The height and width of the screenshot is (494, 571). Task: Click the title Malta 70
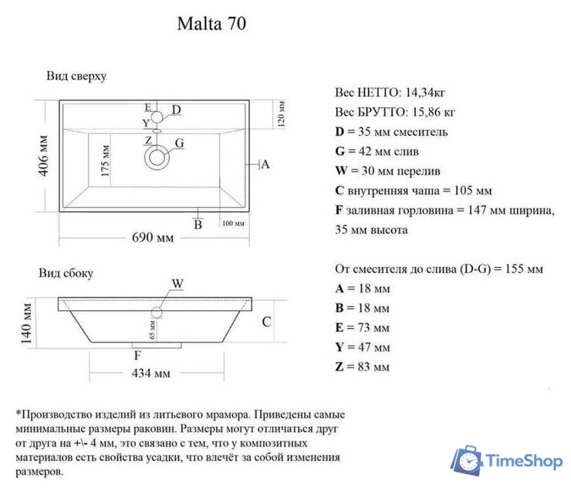(211, 24)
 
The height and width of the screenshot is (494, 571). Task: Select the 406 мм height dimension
(45, 156)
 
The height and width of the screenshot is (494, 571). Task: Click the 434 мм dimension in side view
(151, 374)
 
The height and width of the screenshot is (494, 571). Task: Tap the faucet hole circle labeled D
(157, 117)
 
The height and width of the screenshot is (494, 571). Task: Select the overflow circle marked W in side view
(157, 313)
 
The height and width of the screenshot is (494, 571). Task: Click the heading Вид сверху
(76, 76)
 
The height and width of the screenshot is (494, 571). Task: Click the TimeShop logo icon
(467, 461)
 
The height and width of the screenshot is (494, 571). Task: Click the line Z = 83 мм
(363, 367)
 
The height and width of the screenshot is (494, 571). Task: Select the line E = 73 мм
(363, 327)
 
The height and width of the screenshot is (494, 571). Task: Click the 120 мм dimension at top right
(282, 114)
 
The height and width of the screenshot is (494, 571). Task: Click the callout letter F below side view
(137, 356)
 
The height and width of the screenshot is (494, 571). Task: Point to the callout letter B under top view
(198, 225)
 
